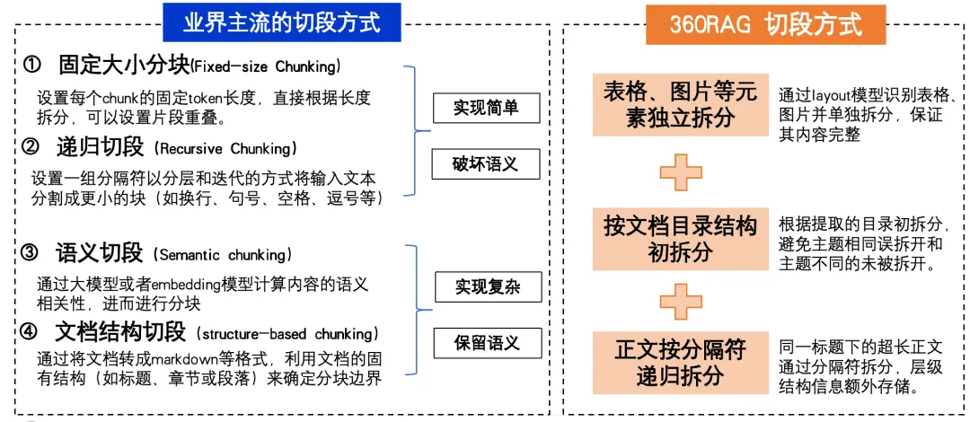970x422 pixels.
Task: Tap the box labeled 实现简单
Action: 487,108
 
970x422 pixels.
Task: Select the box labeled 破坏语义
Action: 487,164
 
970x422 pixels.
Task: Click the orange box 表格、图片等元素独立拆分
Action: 680,104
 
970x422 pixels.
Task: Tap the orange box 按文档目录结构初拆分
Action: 680,239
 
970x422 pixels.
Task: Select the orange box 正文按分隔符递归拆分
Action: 680,362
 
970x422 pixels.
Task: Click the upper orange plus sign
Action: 680,171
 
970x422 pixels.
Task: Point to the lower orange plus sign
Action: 680,301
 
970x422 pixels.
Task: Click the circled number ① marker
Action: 32,66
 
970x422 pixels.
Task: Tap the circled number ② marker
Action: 31,145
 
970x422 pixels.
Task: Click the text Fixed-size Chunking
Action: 267,66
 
